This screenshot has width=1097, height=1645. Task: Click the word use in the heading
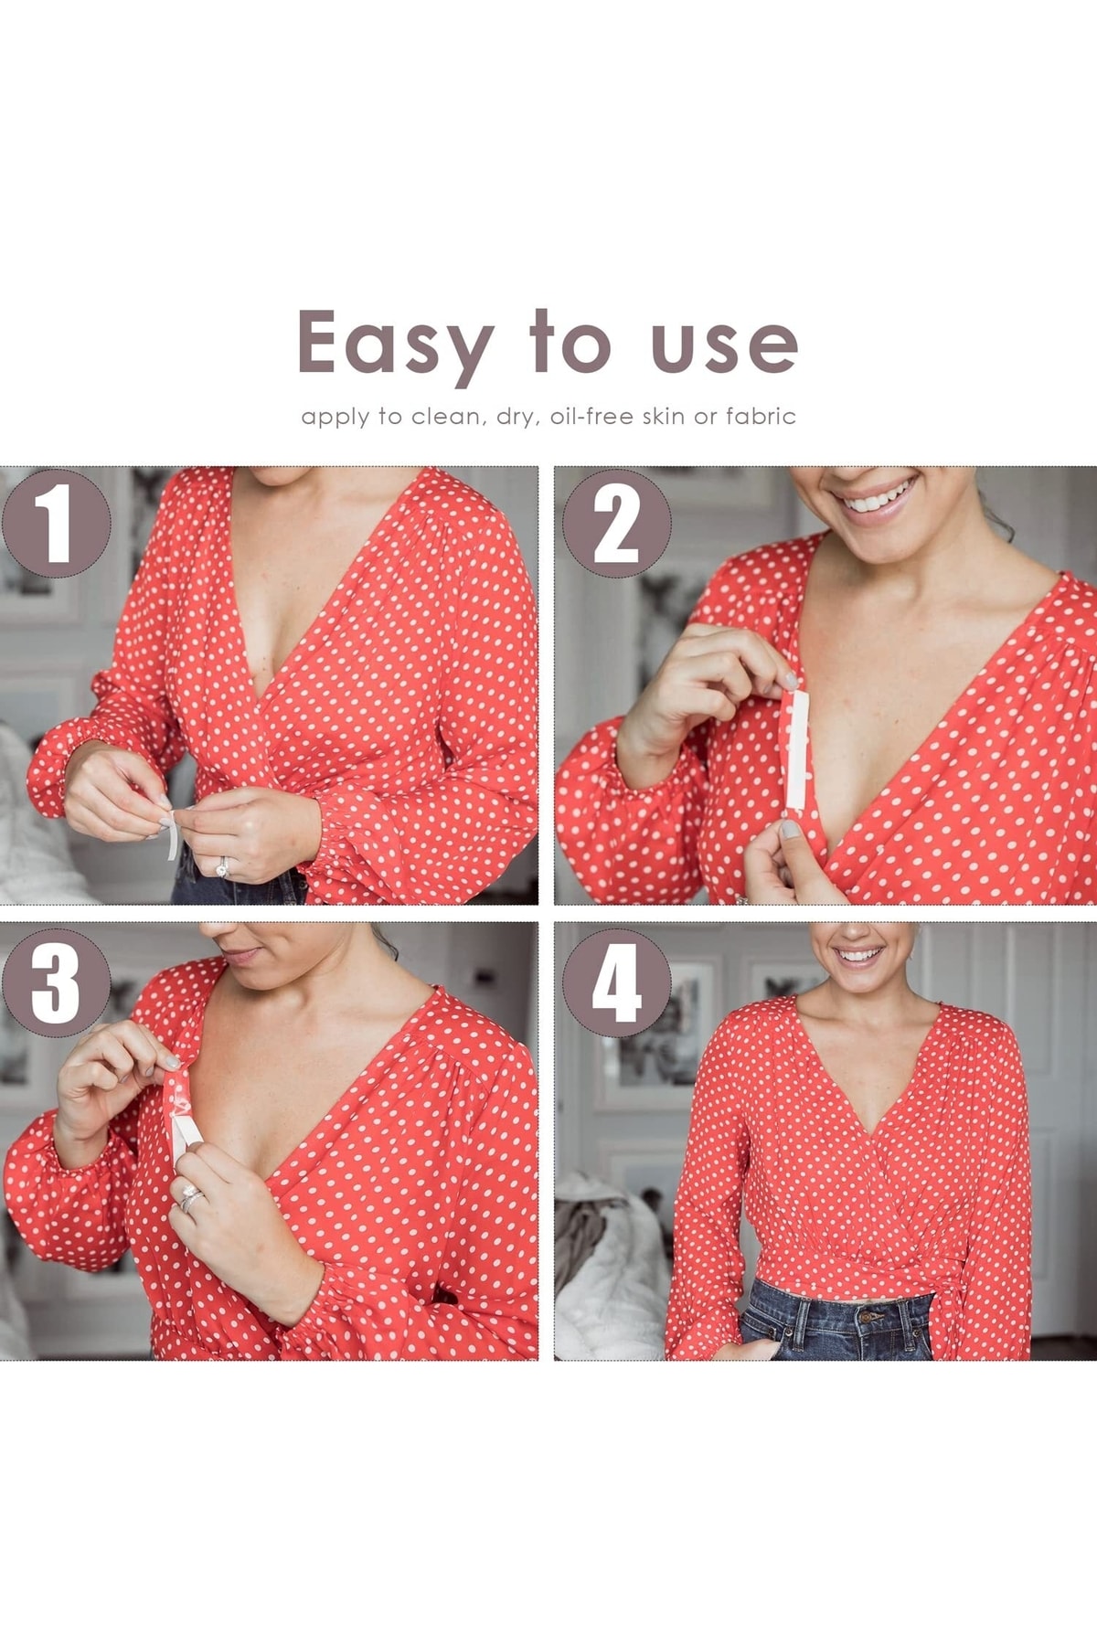tap(724, 345)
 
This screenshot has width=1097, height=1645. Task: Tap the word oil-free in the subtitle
tap(591, 417)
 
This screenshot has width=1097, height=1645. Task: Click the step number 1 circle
tap(56, 524)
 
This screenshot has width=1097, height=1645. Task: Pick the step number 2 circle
tap(616, 524)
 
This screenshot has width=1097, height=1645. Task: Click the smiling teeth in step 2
tap(878, 497)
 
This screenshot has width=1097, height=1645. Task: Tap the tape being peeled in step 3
tap(182, 1115)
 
